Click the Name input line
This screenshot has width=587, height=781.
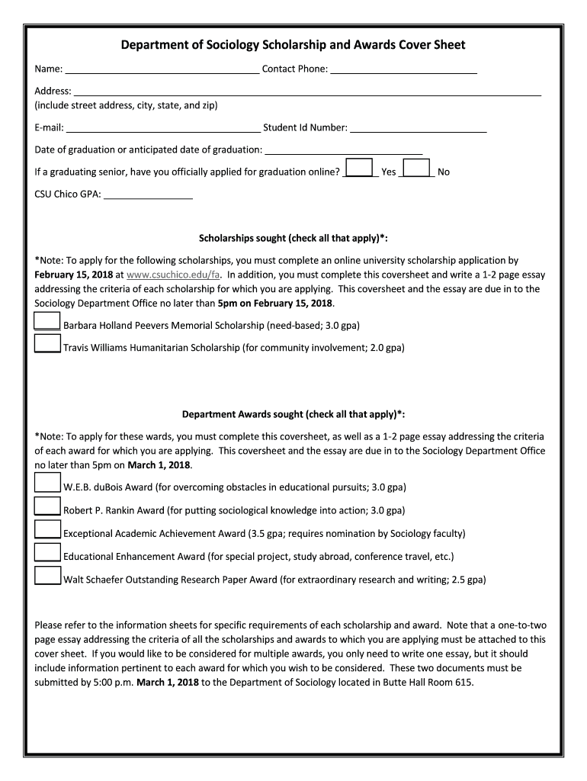(x=162, y=69)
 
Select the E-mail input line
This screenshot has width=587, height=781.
(x=162, y=127)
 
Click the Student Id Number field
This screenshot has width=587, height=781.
(x=418, y=127)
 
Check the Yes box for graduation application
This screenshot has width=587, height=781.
(x=359, y=168)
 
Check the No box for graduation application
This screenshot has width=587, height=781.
(x=416, y=168)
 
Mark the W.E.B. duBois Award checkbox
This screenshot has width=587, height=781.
(x=47, y=483)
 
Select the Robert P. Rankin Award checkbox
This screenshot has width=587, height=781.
(x=47, y=506)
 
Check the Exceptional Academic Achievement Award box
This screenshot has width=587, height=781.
(x=47, y=529)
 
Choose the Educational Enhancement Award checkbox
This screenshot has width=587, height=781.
(x=47, y=552)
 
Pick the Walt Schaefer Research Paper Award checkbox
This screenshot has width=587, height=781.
(x=47, y=575)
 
